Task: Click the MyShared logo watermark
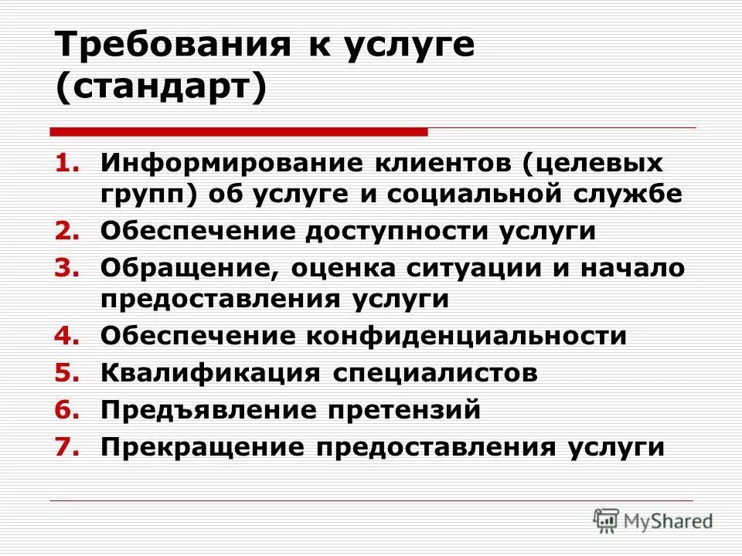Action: pos(653,520)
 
